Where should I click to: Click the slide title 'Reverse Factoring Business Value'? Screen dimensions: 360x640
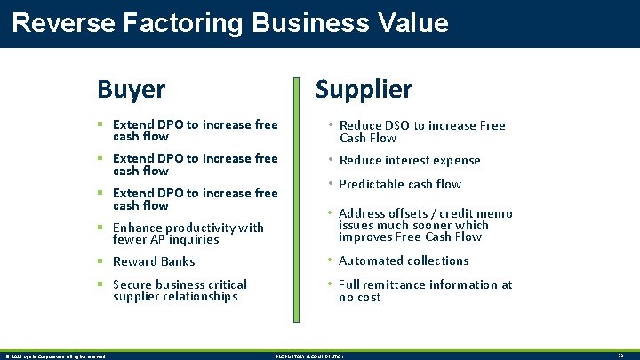(230, 22)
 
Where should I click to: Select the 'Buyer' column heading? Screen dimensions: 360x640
(131, 89)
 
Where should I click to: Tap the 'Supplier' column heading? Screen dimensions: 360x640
(364, 89)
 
